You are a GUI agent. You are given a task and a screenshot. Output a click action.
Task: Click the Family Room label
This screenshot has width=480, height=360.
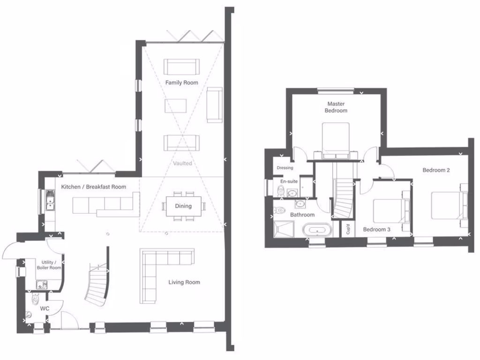[181, 82]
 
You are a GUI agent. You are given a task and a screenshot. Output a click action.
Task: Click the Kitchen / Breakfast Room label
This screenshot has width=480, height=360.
[93, 187]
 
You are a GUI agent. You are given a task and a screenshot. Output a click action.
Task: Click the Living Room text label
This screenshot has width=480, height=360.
[184, 282]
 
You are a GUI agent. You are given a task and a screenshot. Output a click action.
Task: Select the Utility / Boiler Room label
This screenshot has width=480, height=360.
[49, 265]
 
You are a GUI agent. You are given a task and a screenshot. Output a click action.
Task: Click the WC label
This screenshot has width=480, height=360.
[45, 308]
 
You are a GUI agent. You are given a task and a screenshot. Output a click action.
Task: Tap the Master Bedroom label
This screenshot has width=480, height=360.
[337, 107]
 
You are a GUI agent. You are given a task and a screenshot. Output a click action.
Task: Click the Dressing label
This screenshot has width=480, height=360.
[285, 168]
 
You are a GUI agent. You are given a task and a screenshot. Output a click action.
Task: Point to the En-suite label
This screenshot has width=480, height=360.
[288, 181]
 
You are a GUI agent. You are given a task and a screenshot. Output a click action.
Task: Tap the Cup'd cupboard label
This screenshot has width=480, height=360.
[348, 230]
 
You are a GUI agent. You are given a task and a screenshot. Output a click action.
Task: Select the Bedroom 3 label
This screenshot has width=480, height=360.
[376, 229]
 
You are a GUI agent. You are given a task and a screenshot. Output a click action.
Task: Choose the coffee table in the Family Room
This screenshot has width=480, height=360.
[176, 105]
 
